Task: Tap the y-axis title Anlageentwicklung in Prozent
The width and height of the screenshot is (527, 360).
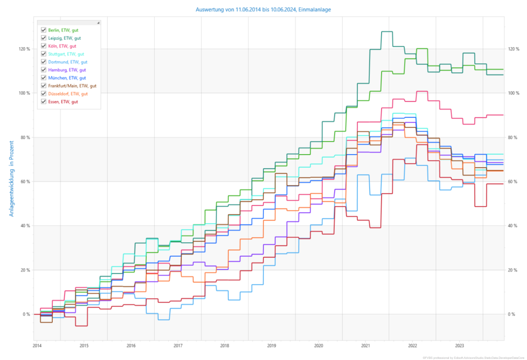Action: (12, 178)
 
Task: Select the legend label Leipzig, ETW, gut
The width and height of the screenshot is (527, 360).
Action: (64, 38)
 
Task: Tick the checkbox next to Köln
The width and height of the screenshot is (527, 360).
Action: (43, 46)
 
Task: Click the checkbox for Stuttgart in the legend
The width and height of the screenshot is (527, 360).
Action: (43, 54)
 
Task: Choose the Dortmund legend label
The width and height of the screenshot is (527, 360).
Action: (67, 62)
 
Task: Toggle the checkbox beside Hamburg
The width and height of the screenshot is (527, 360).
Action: (43, 70)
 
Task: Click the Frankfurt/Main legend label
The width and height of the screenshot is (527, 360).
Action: (72, 86)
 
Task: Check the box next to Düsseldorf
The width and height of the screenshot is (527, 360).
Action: (43, 94)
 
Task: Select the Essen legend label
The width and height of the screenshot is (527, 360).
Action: (63, 101)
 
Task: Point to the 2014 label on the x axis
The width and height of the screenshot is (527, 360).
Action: (36, 345)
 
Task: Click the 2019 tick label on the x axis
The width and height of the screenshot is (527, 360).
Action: (271, 345)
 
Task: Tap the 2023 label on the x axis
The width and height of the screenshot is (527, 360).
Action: (459, 345)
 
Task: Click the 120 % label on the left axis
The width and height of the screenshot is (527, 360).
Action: (24, 49)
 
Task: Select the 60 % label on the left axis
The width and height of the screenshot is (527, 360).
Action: (25, 182)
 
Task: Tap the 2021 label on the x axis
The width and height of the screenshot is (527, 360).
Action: (366, 345)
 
